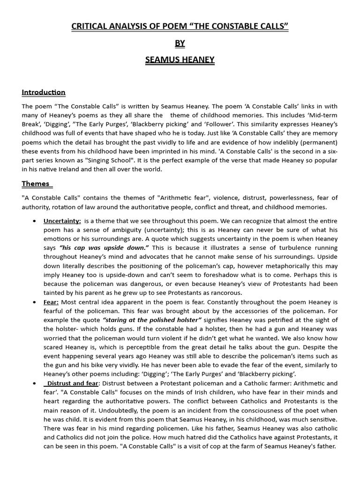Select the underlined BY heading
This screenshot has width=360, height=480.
coord(180,43)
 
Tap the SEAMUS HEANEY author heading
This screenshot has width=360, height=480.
coord(180,60)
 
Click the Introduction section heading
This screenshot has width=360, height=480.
coord(44,92)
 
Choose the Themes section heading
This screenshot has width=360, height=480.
coord(36,183)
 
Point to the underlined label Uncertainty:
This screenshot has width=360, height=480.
coord(62,221)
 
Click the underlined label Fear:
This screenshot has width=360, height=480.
coord(51,302)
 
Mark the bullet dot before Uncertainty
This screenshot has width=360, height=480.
coord(35,221)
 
